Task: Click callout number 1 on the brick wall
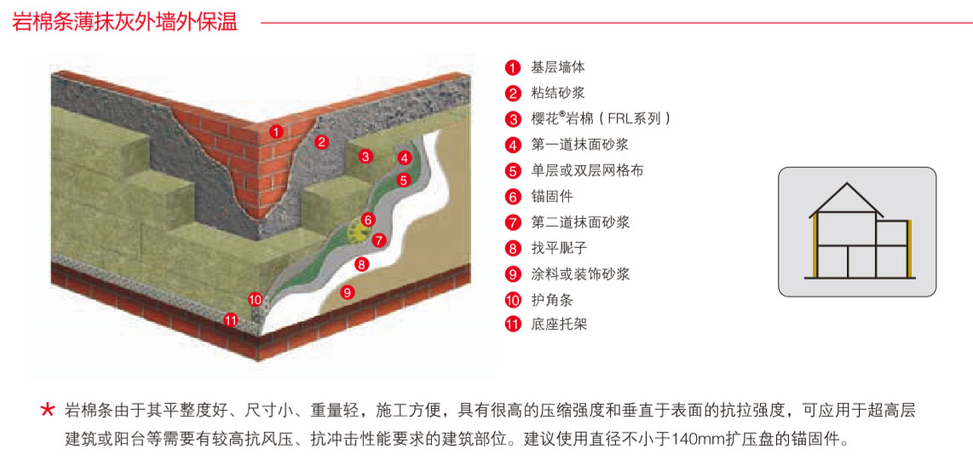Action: tap(276, 131)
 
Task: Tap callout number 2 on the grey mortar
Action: tap(321, 142)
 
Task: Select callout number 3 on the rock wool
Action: tap(365, 156)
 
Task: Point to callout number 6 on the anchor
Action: tap(368, 219)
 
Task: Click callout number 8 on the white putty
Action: tap(361, 264)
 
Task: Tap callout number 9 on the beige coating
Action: tap(347, 292)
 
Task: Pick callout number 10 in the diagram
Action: tap(255, 299)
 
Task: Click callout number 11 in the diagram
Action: tap(230, 320)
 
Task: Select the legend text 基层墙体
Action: tap(557, 67)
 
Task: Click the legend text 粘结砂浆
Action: tap(557, 93)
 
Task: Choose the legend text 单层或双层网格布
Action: tap(587, 170)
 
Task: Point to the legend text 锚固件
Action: tap(550, 197)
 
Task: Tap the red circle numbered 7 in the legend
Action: tap(512, 223)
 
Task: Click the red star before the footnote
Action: tap(48, 411)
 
